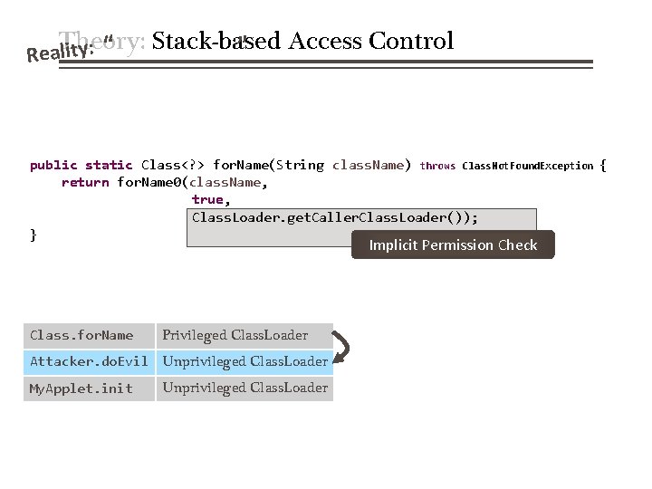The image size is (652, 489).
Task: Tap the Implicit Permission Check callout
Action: (x=453, y=244)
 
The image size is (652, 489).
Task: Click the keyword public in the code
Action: (x=53, y=165)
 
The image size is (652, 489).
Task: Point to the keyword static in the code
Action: (x=109, y=165)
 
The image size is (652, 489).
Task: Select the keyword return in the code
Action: (x=85, y=182)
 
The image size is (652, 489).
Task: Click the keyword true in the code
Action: (x=211, y=199)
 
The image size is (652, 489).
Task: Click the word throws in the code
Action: (x=438, y=166)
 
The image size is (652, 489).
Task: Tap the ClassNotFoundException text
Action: (x=528, y=166)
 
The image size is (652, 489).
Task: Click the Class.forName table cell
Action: (x=81, y=335)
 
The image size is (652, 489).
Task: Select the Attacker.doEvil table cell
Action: (x=89, y=361)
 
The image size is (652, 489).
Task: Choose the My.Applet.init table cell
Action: (x=81, y=388)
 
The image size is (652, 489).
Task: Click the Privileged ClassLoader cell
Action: (x=235, y=335)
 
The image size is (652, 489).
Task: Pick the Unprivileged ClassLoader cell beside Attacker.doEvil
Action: (x=244, y=361)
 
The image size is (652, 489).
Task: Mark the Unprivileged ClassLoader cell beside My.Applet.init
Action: (x=244, y=388)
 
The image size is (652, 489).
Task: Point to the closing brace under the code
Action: (x=34, y=235)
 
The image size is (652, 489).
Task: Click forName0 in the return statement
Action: (x=149, y=182)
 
